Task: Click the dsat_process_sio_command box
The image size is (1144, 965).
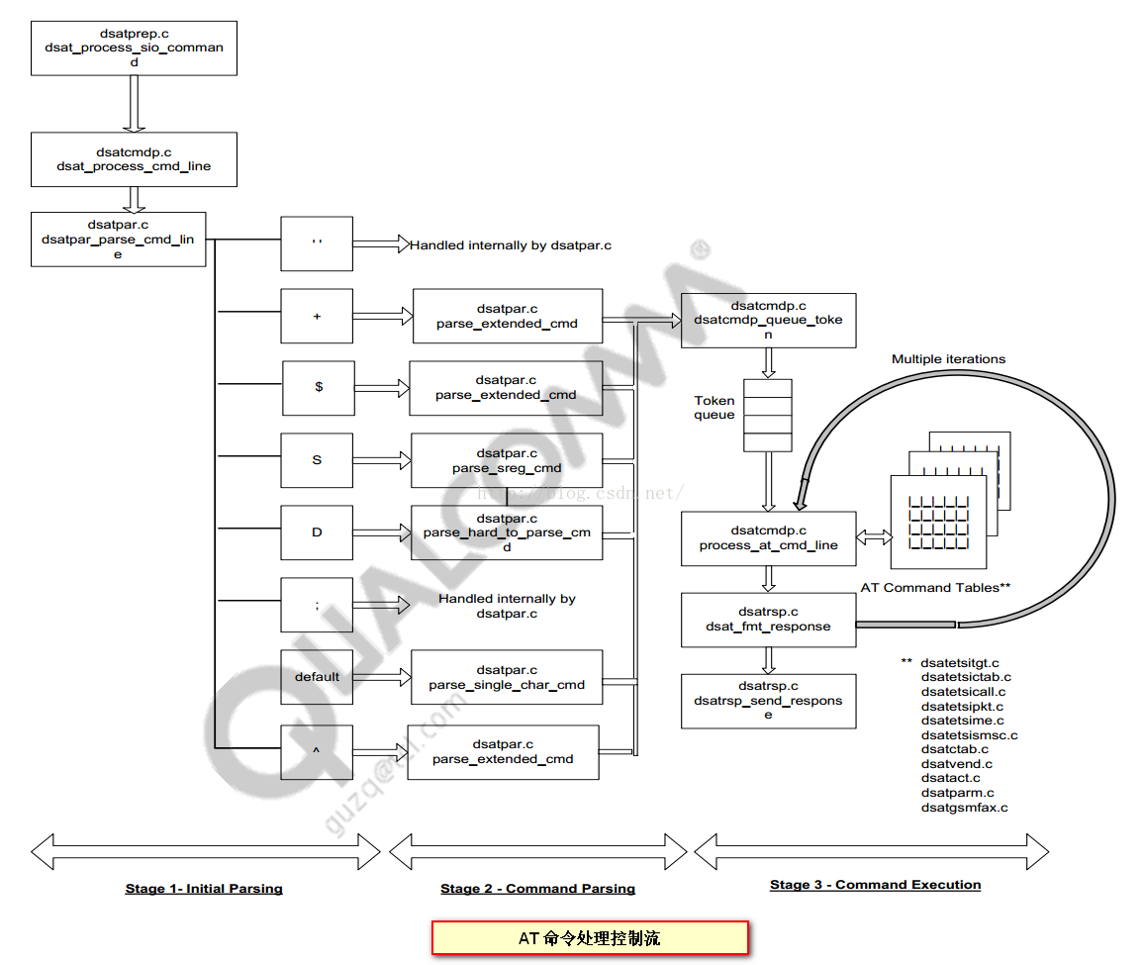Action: click(x=134, y=48)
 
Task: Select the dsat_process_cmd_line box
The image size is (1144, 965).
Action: click(x=134, y=159)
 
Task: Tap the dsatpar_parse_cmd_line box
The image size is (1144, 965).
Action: click(x=119, y=239)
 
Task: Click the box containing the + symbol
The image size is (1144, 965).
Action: click(x=317, y=317)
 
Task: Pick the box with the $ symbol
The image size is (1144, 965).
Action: click(x=318, y=387)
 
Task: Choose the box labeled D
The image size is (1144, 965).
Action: click(x=317, y=532)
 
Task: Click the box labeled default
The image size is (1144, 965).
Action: click(x=317, y=677)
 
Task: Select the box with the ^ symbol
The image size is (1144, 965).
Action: click(x=317, y=752)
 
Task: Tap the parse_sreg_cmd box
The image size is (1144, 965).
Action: click(x=507, y=460)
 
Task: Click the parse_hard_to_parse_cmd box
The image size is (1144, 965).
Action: click(x=507, y=532)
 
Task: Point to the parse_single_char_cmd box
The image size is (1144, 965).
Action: click(x=507, y=677)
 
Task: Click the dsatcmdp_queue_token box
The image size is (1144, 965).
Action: click(x=768, y=320)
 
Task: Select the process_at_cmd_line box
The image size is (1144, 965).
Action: click(x=768, y=538)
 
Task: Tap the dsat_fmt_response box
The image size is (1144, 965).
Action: click(x=768, y=620)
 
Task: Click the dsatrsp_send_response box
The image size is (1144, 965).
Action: click(x=768, y=701)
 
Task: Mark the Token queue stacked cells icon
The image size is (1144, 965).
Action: click(x=768, y=416)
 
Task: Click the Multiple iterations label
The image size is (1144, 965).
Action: click(x=948, y=359)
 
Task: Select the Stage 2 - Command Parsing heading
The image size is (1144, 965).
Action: click(x=537, y=889)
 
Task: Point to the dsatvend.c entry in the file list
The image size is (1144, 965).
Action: click(x=956, y=764)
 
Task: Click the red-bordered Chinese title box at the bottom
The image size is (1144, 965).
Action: click(x=590, y=937)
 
